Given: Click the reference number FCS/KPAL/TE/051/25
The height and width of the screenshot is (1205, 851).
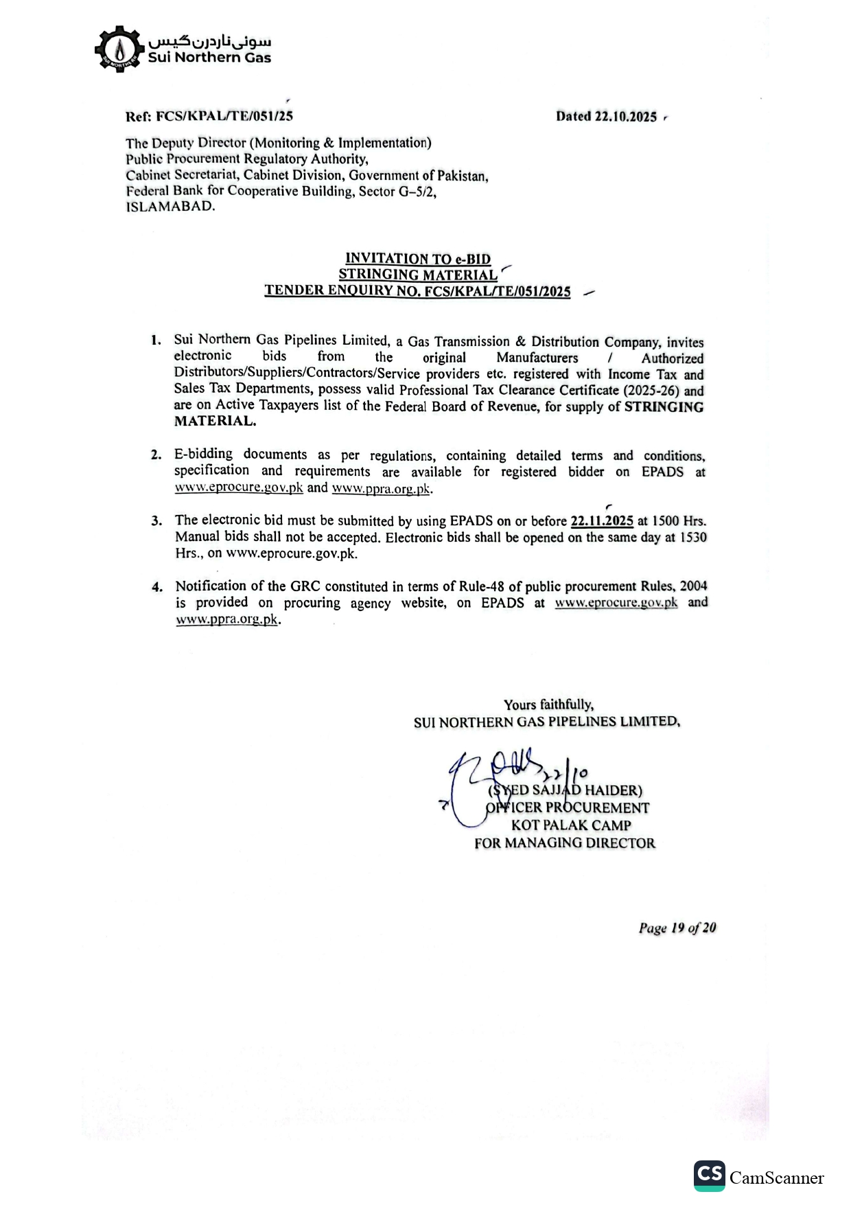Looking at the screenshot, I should pyautogui.click(x=224, y=116).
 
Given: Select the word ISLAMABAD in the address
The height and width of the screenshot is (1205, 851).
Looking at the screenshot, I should pyautogui.click(x=170, y=207).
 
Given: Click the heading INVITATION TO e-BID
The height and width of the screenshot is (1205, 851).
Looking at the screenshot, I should pyautogui.click(x=418, y=259).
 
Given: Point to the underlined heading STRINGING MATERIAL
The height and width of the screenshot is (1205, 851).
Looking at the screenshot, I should pyautogui.click(x=418, y=275).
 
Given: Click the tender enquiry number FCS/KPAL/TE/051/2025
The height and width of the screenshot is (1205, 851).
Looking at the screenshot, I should pyautogui.click(x=498, y=291).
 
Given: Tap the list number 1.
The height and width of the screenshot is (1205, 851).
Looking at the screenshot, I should pyautogui.click(x=156, y=341).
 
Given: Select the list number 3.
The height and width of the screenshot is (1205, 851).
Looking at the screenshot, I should pyautogui.click(x=156, y=521).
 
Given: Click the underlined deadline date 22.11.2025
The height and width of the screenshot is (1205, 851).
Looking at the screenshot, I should pyautogui.click(x=602, y=521).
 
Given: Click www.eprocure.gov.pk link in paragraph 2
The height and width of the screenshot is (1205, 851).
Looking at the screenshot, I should pyautogui.click(x=239, y=488).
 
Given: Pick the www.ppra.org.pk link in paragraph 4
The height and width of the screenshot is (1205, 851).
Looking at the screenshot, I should pyautogui.click(x=227, y=619).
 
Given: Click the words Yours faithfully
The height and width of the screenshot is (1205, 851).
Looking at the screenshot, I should pyautogui.click(x=549, y=704).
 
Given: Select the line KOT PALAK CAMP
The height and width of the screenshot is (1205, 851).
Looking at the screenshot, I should pyautogui.click(x=571, y=825).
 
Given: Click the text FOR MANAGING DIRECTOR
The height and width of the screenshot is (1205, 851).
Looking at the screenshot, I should pyautogui.click(x=565, y=843).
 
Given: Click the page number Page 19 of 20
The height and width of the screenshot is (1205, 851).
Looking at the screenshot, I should pyautogui.click(x=677, y=928).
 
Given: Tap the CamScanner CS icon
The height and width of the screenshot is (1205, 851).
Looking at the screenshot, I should pyautogui.click(x=709, y=1175).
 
